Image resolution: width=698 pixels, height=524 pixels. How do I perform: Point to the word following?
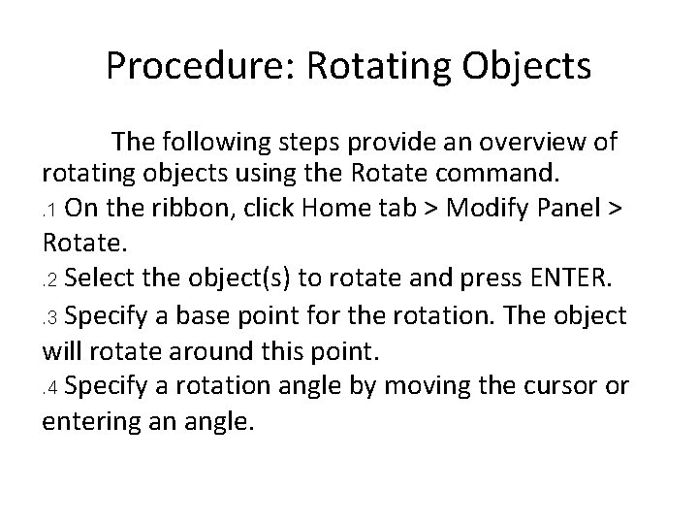(220, 143)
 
